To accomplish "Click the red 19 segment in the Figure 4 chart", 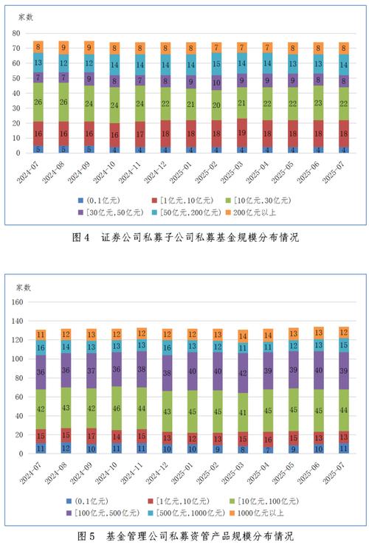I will pos(243,133).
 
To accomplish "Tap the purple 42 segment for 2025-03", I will pos(243,373).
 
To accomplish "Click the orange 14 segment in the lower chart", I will pos(243,336).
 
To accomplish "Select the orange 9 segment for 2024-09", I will pos(89,46).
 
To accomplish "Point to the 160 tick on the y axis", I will pos(20,302).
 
